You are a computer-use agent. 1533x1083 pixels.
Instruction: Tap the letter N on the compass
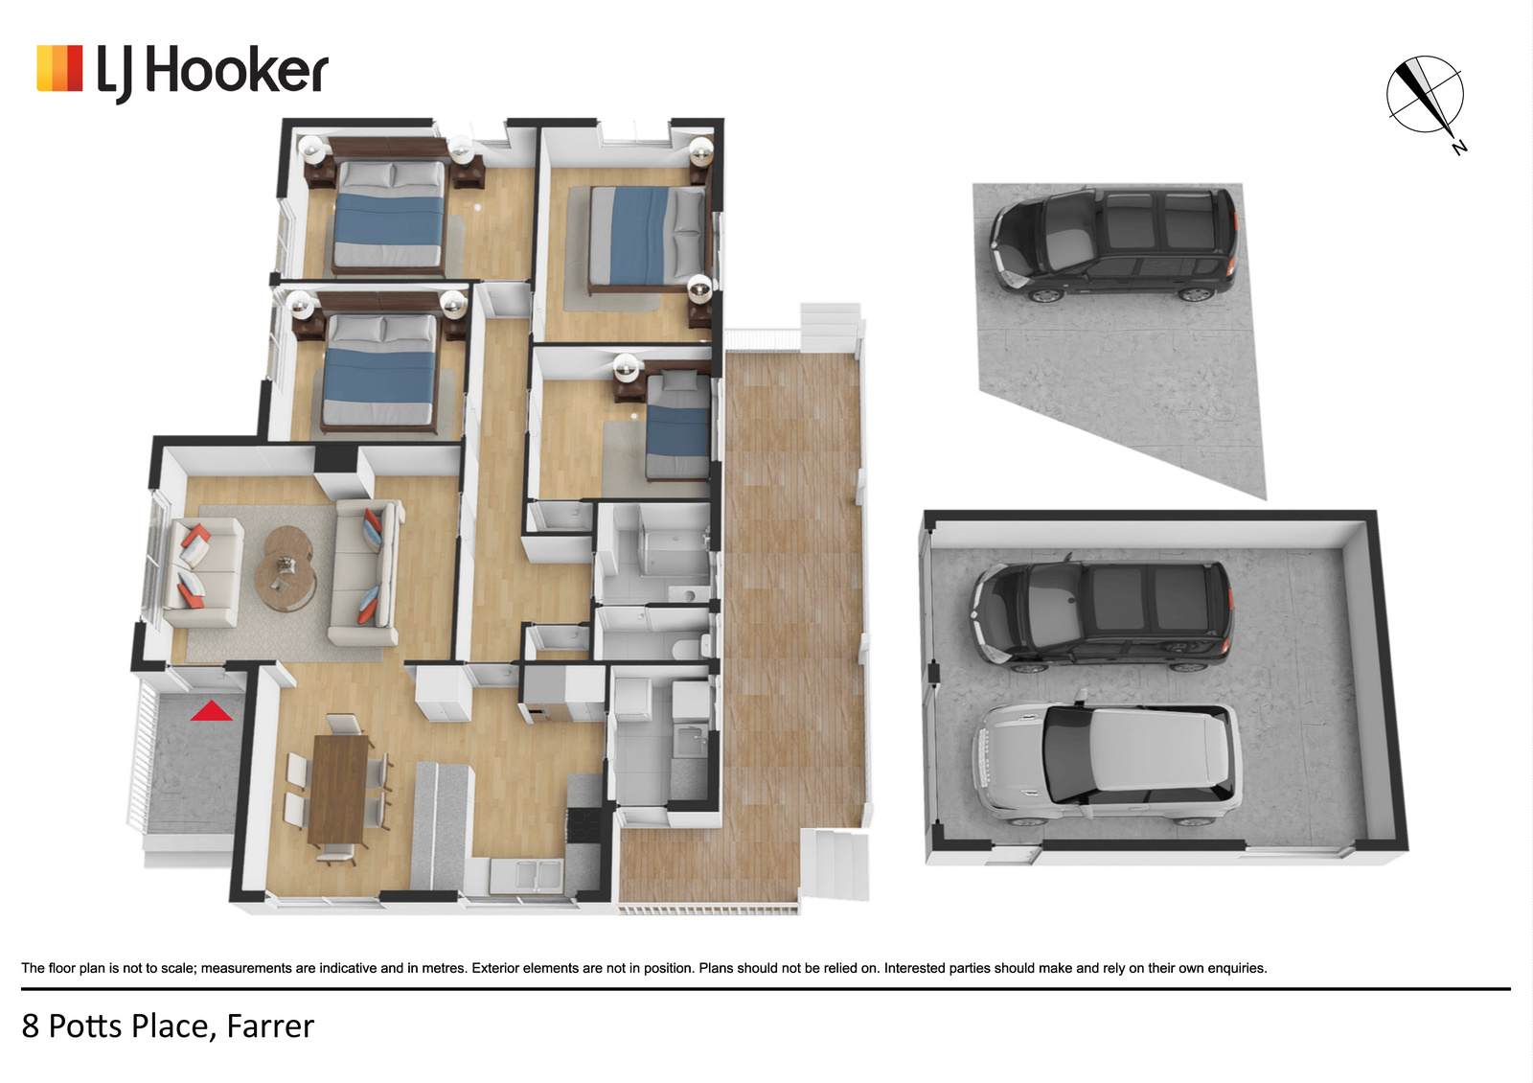pos(1459,148)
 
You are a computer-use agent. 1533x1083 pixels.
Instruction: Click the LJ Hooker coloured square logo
pos(59,68)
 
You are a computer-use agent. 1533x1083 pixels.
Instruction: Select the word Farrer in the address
pos(270,1026)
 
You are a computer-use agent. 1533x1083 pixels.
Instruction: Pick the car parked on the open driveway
pos(1113,244)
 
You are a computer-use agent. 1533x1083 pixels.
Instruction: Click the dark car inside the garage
pos(1101,615)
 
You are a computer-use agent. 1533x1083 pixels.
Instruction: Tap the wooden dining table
pos(337,790)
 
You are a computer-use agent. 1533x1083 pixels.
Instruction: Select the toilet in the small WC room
pos(691,646)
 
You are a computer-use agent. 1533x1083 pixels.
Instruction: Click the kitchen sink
pos(526,875)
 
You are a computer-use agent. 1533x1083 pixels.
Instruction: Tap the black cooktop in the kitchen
pos(583,825)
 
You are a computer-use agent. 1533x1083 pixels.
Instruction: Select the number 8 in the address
pos(30,1026)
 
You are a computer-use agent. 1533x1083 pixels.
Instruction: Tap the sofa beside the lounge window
pos(203,572)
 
